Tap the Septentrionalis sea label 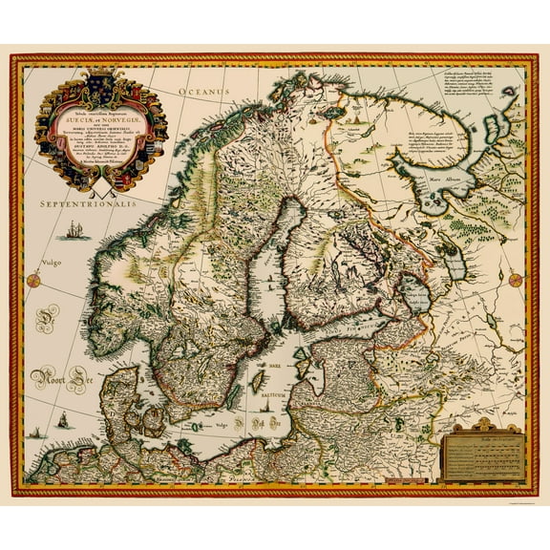point(84,204)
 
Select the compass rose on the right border point(517,278)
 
